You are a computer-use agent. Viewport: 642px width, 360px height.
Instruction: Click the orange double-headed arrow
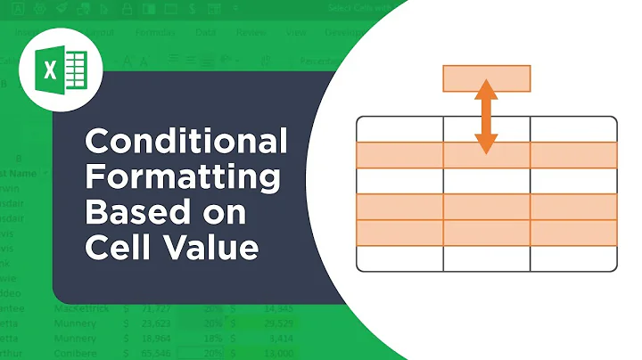(486, 116)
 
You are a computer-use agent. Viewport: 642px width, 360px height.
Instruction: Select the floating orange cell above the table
(486, 78)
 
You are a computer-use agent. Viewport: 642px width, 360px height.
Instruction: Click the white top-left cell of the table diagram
(399, 129)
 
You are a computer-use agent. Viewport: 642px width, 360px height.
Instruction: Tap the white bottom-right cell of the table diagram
(572, 258)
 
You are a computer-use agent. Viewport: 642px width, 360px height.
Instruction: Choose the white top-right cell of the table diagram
(572, 129)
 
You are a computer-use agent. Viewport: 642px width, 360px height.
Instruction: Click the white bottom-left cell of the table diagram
(399, 258)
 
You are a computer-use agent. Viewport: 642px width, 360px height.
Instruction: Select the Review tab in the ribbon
(253, 33)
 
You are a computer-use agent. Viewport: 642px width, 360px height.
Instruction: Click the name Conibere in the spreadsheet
(75, 354)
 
